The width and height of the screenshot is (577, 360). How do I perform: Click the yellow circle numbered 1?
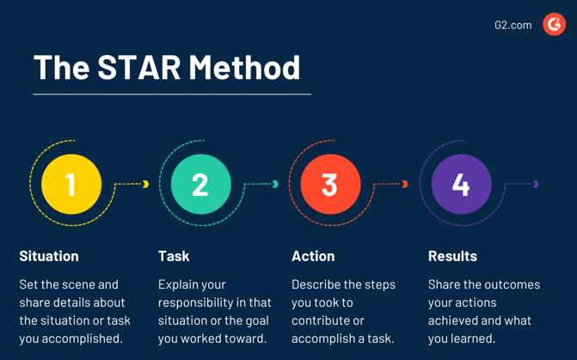71,184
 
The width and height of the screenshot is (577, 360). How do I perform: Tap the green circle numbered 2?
200,184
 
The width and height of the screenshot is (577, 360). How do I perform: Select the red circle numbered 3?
330,184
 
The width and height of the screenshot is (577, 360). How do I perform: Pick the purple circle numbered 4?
461,184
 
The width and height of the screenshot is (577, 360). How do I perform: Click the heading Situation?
49,256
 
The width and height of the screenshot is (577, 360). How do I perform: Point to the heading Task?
174,256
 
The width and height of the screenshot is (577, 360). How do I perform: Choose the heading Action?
313,256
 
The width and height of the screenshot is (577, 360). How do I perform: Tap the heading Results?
452,256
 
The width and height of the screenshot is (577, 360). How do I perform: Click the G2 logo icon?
554,25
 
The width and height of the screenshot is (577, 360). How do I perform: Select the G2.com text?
513,25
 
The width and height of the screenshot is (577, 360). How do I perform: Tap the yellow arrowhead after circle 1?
146,184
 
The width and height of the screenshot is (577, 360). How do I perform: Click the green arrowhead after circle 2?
275,184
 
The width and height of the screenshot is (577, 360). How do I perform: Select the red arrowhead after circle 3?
405,184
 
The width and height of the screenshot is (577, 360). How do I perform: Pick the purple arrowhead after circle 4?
536,184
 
